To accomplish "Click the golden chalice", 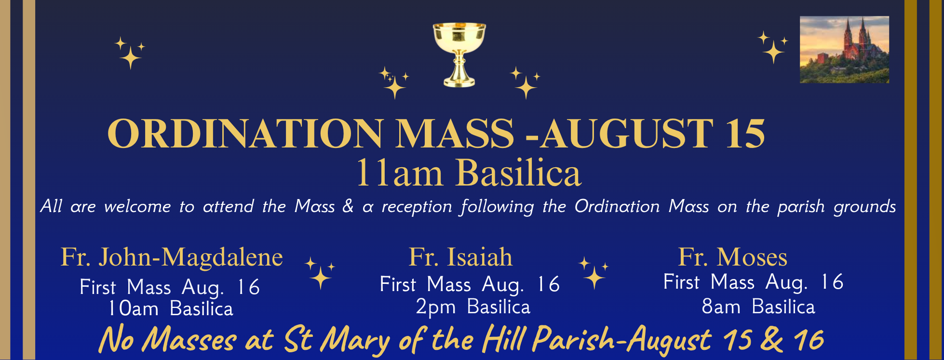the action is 459,55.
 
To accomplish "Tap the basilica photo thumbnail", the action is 844,50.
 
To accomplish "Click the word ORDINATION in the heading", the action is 245,133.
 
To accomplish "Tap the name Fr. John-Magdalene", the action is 172,257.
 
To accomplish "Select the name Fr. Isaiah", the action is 460,256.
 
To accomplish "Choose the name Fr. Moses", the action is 732,256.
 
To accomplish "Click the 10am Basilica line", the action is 171,308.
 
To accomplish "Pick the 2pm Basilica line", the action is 473,307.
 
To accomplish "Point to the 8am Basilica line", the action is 758,307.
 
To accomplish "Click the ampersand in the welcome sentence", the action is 348,206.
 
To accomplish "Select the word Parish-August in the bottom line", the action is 622,340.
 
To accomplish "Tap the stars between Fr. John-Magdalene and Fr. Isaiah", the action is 320,273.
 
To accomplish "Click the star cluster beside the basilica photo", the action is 773,47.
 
